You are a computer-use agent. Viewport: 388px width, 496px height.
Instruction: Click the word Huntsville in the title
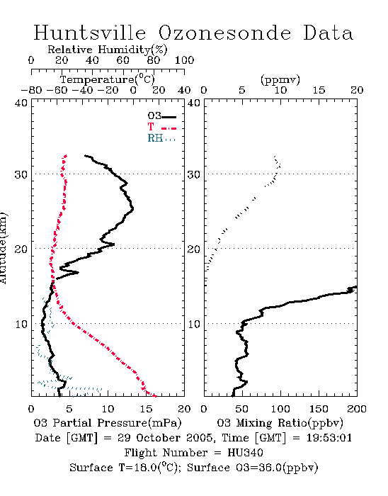coord(90,33)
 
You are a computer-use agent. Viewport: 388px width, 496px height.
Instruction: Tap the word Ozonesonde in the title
coord(224,33)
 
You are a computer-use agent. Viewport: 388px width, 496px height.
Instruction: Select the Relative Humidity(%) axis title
coord(108,50)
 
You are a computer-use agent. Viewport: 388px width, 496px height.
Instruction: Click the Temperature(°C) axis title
coord(108,79)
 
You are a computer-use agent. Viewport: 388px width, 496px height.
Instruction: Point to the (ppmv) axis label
coord(280,79)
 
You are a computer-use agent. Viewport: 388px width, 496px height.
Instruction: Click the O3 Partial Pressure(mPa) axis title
coord(108,423)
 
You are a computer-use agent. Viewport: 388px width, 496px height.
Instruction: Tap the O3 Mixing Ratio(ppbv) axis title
coord(280,423)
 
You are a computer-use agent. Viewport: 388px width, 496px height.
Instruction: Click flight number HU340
coord(245,453)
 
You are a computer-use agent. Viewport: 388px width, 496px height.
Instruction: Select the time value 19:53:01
coord(329,438)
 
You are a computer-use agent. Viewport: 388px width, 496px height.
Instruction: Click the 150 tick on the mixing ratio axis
coord(319,409)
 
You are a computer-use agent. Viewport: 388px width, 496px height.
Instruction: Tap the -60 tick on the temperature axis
coord(57,90)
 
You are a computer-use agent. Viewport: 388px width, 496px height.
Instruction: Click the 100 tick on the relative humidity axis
coord(184,60)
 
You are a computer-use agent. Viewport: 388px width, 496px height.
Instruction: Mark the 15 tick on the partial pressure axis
coord(146,409)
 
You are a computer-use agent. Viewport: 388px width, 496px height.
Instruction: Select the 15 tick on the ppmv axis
coord(319,90)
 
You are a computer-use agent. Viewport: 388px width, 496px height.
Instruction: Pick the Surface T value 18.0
coord(144,468)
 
